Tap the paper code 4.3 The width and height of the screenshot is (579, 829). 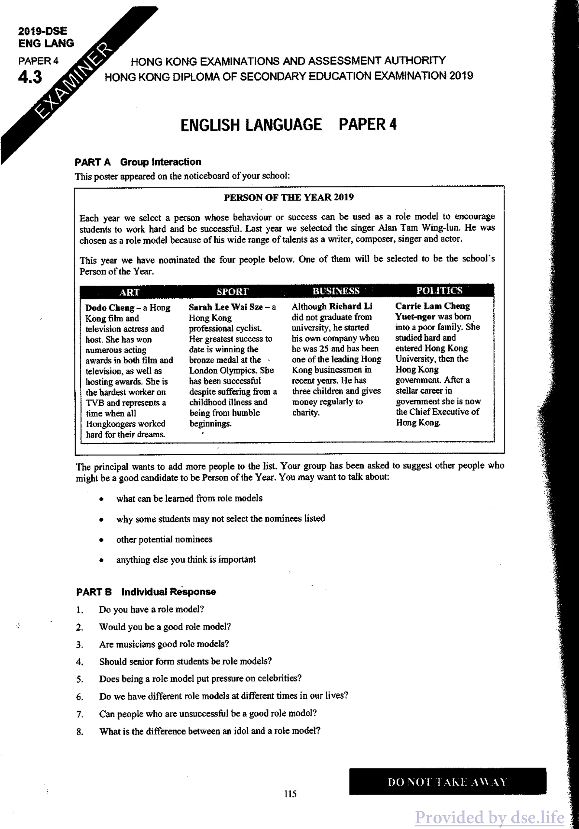point(30,77)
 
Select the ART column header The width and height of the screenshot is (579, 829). point(129,292)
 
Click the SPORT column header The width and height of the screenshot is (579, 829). point(232,291)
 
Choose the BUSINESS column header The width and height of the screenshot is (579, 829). point(336,291)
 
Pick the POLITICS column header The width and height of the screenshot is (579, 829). point(439,290)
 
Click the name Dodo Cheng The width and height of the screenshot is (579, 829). point(110,308)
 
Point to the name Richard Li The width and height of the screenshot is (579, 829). point(350,306)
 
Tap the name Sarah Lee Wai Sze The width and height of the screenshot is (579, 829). point(226,307)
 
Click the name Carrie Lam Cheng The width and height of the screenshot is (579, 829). point(432,306)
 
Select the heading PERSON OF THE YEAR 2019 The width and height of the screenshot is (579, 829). point(288,197)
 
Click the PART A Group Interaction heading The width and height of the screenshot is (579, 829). point(138,162)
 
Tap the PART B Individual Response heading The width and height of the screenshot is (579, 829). point(146,592)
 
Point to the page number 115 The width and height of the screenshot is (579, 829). point(290,794)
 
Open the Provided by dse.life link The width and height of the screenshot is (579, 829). point(489,817)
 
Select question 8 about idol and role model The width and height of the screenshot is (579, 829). point(210,731)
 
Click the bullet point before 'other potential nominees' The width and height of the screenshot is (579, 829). point(102,540)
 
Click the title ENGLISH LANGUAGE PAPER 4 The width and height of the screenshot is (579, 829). point(288,125)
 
